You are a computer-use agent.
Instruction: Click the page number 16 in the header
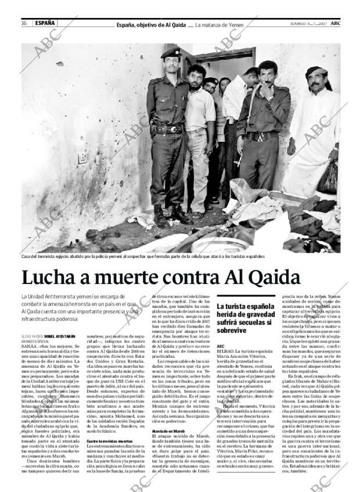24,23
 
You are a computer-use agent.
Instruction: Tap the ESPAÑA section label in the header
45,23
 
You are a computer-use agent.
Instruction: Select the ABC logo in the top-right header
336,23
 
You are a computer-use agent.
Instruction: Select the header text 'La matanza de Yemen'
219,24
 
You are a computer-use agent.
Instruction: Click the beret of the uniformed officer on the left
171,53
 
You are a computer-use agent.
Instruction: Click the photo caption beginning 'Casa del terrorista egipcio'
143,256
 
